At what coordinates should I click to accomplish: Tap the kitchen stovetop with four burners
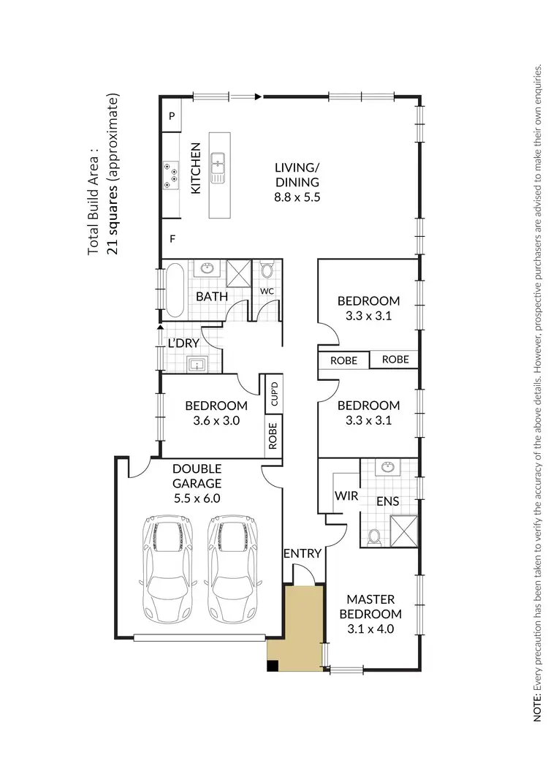tap(171, 175)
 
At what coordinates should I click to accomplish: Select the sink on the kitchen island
tap(218, 168)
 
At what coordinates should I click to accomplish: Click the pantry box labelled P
tap(171, 116)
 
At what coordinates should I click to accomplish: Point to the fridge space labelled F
tap(172, 239)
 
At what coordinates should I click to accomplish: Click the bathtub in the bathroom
tap(176, 290)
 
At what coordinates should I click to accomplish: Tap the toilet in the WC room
tap(266, 272)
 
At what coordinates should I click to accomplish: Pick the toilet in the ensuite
tap(375, 537)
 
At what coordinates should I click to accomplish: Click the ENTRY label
tap(302, 553)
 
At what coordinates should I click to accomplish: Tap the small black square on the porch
tap(273, 665)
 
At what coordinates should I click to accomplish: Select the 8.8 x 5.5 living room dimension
tap(297, 197)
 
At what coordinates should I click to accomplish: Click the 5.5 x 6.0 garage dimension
tap(197, 498)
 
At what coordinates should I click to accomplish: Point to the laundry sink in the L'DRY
tap(196, 363)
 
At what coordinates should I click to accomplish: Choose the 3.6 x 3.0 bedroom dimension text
tap(216, 420)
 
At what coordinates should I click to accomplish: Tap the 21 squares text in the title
tap(112, 219)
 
